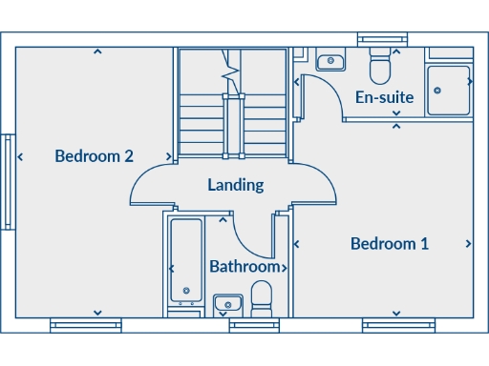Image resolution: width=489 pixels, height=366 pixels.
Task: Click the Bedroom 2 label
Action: [94, 156]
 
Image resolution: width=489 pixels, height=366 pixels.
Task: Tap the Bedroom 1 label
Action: [390, 244]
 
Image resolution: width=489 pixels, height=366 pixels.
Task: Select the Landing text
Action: [236, 185]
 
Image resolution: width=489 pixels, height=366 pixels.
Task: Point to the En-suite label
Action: [384, 97]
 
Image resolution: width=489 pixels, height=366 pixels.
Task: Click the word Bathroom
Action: [245, 267]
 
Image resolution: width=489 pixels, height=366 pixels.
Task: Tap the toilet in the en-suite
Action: [380, 67]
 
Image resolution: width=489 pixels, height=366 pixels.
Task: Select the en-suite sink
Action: [330, 61]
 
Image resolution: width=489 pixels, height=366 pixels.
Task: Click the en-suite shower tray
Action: [448, 90]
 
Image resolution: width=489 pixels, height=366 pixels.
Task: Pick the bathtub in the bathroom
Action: [184, 262]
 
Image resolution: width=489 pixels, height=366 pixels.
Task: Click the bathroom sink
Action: [227, 304]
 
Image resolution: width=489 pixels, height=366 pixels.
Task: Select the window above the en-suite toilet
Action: [382, 40]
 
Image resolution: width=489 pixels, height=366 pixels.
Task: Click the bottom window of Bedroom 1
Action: [393, 326]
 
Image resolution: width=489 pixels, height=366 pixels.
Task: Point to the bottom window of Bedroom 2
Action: [85, 326]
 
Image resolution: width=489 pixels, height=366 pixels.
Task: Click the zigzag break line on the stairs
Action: [231, 68]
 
